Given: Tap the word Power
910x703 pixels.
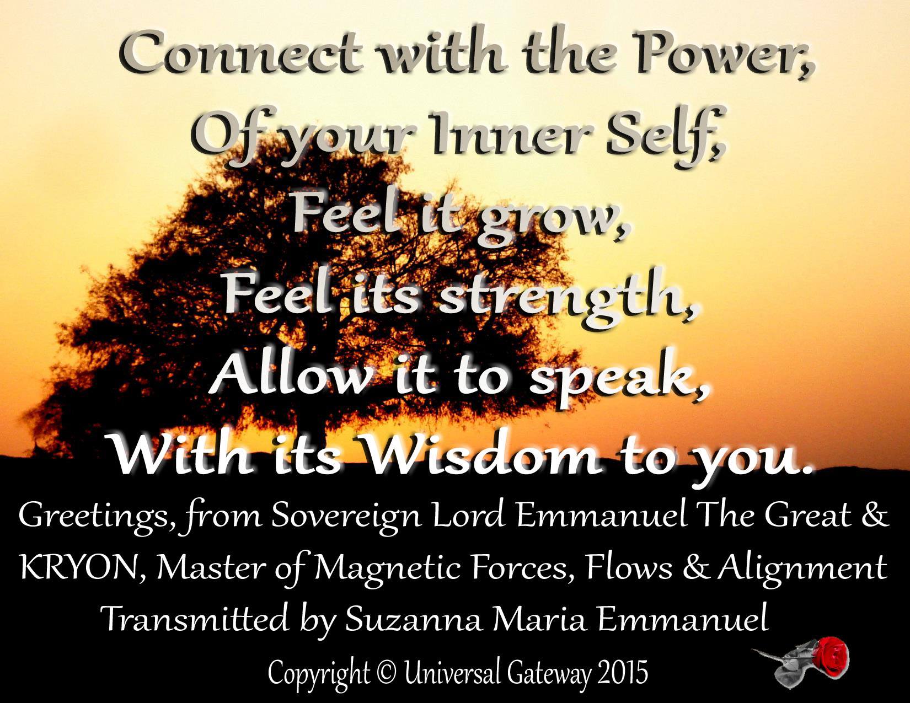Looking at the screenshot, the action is (725, 55).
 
